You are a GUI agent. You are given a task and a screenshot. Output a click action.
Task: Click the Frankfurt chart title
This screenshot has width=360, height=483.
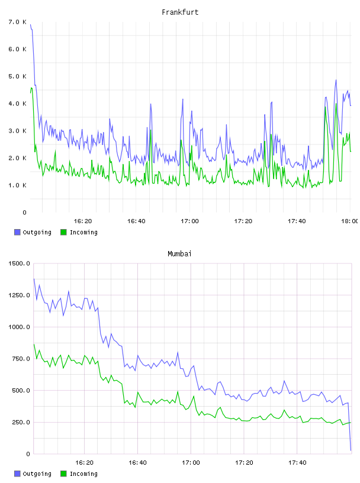point(180,12)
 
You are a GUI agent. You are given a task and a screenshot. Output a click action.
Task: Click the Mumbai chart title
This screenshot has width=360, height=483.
point(179,254)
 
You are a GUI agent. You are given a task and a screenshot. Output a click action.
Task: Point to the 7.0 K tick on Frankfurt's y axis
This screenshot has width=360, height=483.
point(18,22)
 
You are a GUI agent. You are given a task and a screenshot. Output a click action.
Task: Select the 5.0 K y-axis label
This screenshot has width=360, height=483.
point(18,76)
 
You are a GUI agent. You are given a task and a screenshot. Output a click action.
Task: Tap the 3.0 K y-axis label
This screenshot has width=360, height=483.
point(18,131)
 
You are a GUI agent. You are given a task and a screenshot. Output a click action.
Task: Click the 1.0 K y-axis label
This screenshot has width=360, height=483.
point(18,185)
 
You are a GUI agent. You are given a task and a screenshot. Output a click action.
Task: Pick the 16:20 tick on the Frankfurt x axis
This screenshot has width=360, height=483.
point(83,221)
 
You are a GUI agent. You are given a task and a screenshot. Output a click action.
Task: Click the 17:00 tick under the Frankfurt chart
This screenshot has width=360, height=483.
point(189,221)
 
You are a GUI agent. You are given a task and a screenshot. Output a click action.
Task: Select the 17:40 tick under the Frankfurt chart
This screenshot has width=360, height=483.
point(297,221)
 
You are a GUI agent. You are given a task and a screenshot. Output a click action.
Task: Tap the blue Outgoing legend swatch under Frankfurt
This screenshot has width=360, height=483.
point(17,232)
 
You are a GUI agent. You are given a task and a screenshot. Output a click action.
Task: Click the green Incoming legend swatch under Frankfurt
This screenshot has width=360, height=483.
point(63,232)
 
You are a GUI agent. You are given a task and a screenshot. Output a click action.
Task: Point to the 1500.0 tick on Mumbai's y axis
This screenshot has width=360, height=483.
point(19,263)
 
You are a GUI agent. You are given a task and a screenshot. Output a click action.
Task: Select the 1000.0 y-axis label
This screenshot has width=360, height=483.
point(19,327)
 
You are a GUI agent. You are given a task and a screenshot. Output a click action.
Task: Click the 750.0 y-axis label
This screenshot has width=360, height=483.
point(21,359)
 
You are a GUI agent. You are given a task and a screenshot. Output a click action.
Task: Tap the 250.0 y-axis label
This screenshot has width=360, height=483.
point(21,422)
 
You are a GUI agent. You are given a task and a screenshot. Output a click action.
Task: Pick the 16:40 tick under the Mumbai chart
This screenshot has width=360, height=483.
point(137,462)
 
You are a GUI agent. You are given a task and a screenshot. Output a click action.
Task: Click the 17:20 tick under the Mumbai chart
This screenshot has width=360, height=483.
point(244,462)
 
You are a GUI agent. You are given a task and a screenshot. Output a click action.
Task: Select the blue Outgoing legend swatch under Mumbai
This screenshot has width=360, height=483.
point(17,474)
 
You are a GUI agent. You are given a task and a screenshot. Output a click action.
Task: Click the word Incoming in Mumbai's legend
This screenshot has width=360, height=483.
point(83,474)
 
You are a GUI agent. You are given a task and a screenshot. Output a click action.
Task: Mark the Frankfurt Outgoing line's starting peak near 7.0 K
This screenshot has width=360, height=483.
point(31,25)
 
